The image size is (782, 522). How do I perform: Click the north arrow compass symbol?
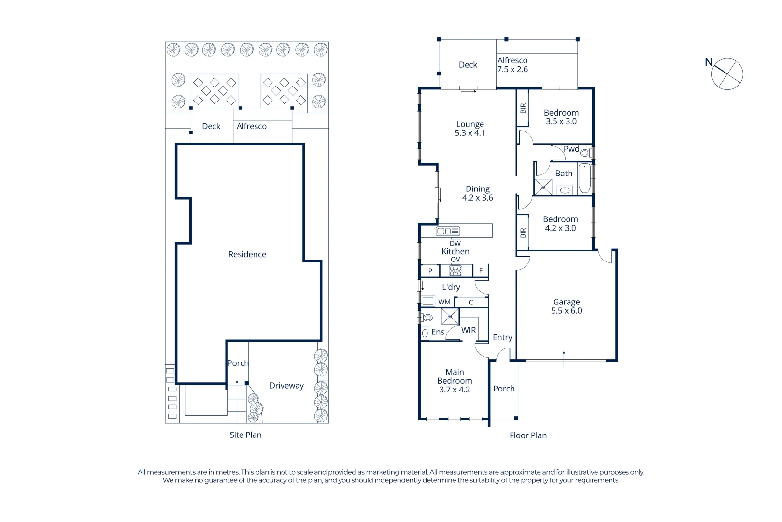[727, 74]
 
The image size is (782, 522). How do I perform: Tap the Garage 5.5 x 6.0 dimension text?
[566, 311]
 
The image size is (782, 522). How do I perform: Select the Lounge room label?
[469, 124]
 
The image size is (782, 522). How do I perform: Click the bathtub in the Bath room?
[584, 178]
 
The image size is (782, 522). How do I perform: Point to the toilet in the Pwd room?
[585, 153]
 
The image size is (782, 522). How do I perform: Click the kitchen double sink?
[448, 231]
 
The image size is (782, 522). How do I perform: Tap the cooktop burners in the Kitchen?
[455, 271]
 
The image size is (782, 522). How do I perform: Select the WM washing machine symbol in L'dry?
[428, 302]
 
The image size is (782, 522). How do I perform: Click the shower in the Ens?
[450, 317]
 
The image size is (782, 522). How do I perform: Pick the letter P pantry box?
[430, 271]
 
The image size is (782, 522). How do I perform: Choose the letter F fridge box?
[481, 271]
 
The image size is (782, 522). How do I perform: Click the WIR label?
[468, 330]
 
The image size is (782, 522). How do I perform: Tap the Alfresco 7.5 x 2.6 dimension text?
[512, 69]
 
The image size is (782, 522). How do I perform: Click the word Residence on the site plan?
[247, 254]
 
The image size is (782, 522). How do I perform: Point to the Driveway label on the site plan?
[286, 385]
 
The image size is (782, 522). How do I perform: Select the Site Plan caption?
[245, 435]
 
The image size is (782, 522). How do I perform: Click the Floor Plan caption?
[528, 435]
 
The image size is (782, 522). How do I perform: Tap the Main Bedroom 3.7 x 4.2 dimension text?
[454, 390]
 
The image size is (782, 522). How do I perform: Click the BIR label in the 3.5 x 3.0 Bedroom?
[523, 108]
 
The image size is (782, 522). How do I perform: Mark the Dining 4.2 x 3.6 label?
[477, 193]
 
